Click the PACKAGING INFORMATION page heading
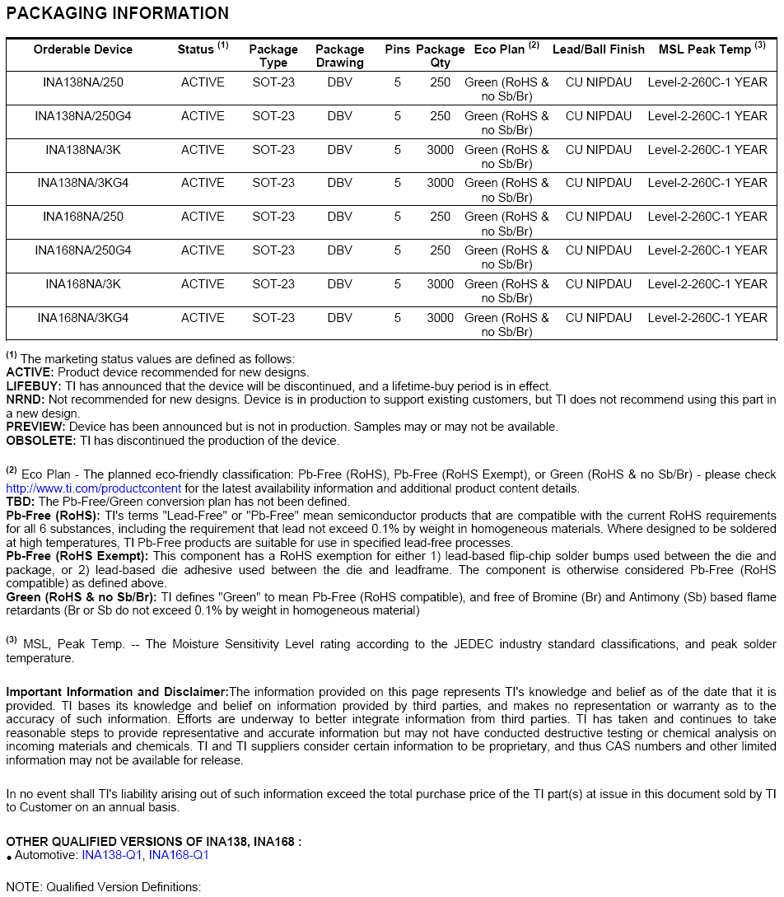pos(117,13)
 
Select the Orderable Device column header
pos(83,49)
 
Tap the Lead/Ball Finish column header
pos(599,49)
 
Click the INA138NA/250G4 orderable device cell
pos(83,116)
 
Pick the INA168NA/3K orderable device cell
pos(83,284)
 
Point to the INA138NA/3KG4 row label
pos(83,183)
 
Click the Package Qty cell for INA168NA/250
pos(440,217)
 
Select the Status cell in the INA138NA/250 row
pos(203,82)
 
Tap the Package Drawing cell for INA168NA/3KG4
pos(339,318)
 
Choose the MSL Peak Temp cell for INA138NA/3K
pos(707,150)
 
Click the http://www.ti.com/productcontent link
pos(93,488)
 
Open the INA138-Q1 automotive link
pos(112,855)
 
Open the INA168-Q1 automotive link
pos(179,855)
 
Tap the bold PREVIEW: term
pos(35,427)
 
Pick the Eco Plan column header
pos(505,49)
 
